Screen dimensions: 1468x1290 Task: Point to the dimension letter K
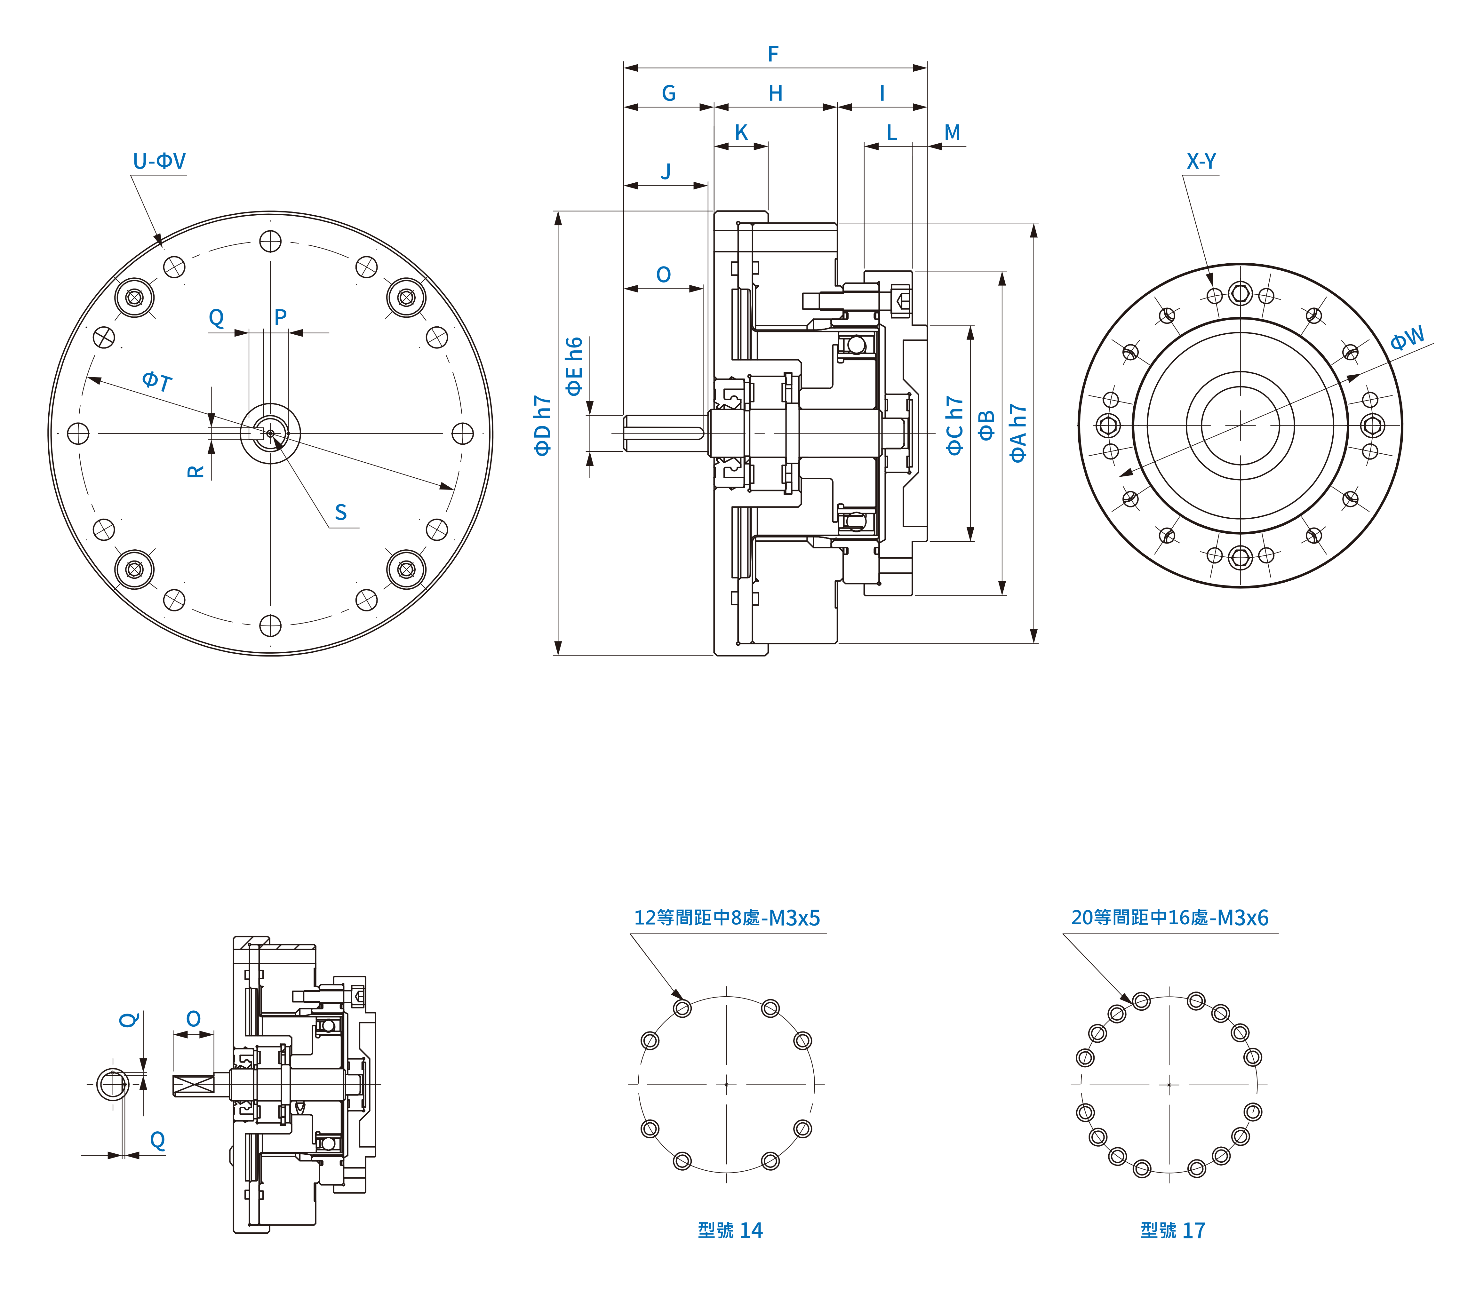(x=741, y=133)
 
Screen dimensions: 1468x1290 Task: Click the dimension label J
(x=666, y=172)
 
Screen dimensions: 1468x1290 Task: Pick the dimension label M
(x=952, y=133)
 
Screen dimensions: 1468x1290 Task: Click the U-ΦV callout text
(x=159, y=161)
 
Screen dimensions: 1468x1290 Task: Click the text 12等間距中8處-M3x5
(x=727, y=918)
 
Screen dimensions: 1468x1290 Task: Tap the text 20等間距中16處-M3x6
(x=1170, y=918)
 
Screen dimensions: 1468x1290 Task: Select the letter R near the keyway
(x=195, y=471)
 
